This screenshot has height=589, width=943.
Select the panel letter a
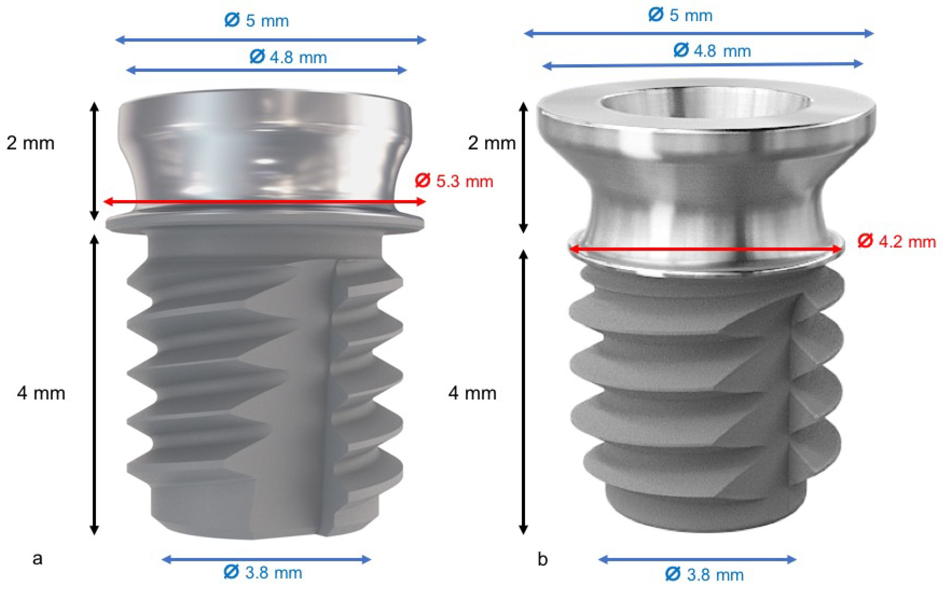[37, 559]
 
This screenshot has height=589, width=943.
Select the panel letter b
[543, 559]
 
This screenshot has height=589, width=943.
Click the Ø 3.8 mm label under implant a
[263, 573]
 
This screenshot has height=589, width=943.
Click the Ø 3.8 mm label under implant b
[704, 575]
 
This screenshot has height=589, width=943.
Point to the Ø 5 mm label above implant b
[680, 15]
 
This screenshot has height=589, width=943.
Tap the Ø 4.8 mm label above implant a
[288, 57]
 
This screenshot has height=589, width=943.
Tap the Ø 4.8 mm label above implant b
[712, 51]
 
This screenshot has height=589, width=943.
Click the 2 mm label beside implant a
[30, 143]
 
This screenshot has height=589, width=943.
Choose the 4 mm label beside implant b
[472, 393]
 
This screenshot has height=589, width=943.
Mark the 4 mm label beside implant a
[41, 393]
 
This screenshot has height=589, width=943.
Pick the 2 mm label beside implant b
[491, 143]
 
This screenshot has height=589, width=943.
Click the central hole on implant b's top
[705, 104]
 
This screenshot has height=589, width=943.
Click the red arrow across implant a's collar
[265, 202]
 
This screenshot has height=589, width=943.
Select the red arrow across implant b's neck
[705, 249]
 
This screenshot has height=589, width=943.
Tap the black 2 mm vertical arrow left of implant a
[94, 161]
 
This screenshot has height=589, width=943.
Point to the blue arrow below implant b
[697, 560]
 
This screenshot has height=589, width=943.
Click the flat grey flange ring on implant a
[265, 226]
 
